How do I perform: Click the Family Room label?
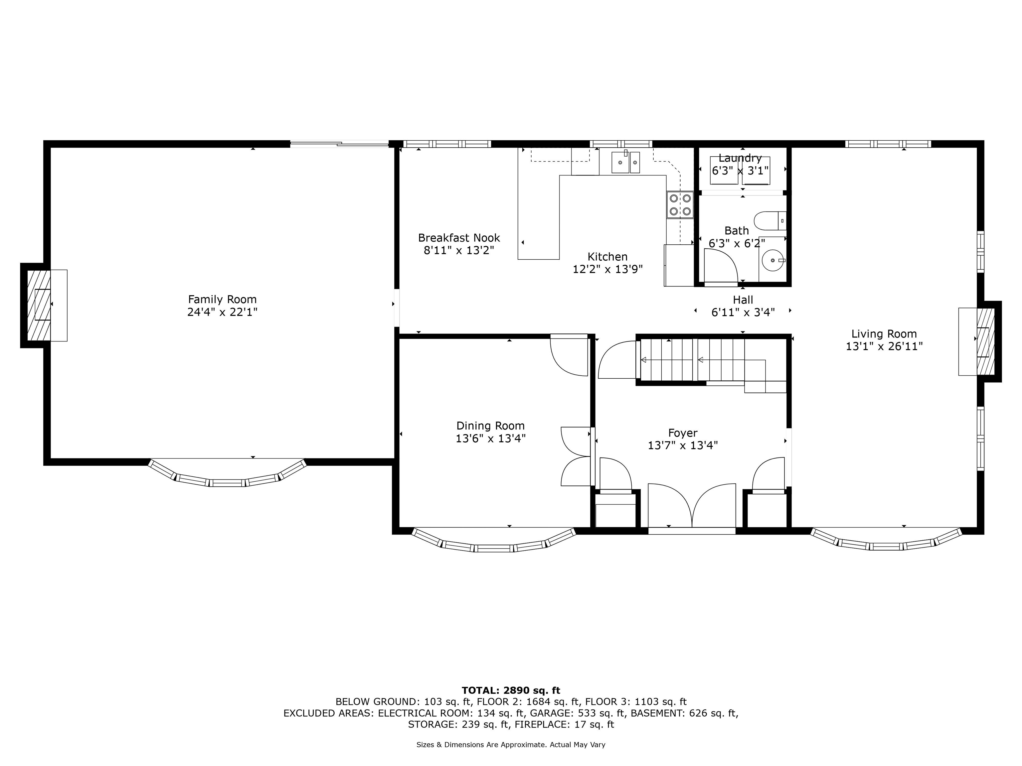click(222, 299)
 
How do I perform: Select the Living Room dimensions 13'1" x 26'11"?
click(884, 346)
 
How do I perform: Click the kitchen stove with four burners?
click(680, 204)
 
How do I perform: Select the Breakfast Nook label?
click(459, 238)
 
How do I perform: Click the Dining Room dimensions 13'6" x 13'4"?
click(491, 438)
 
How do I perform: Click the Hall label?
click(743, 300)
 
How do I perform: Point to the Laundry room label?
click(740, 158)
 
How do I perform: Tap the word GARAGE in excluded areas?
click(551, 713)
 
